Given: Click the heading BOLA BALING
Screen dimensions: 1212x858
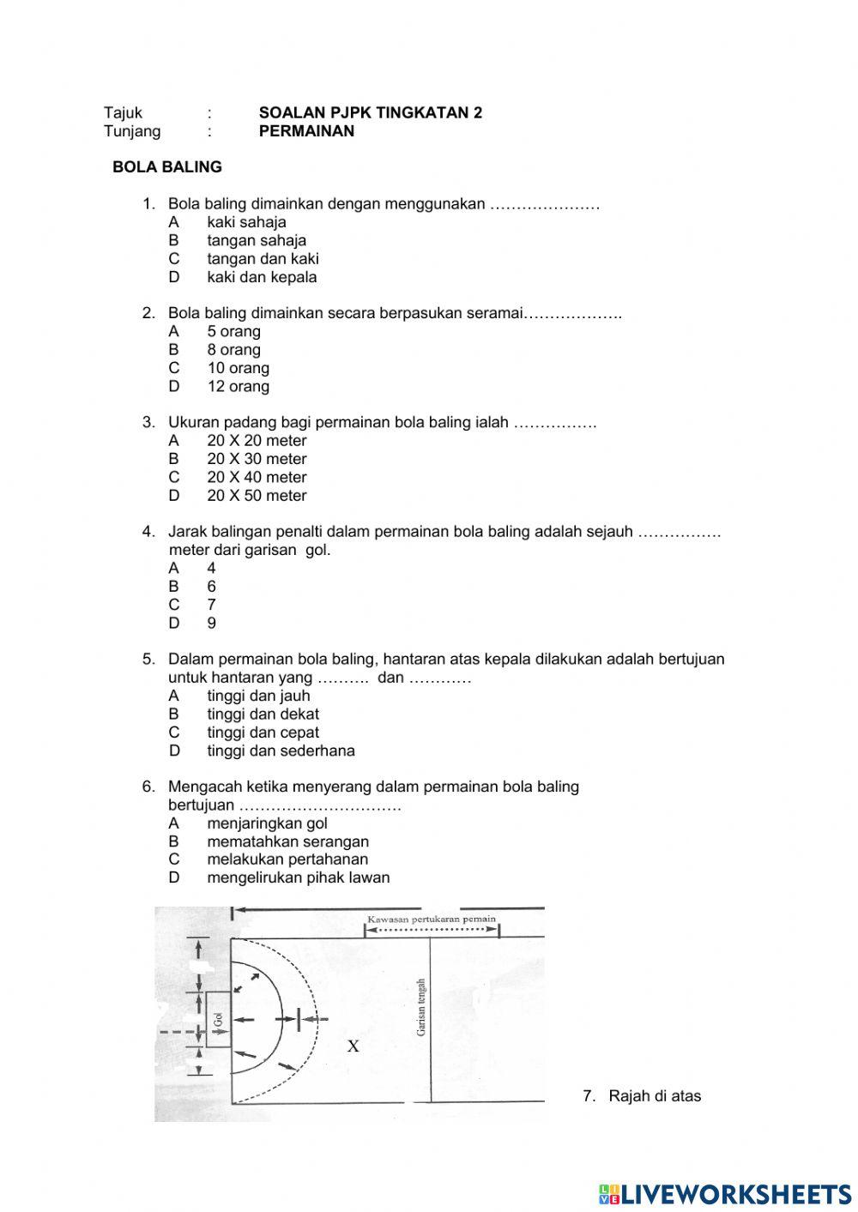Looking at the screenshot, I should [167, 167].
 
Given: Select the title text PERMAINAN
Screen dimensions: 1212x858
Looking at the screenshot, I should [306, 131].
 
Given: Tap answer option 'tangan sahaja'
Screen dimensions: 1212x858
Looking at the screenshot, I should [256, 240].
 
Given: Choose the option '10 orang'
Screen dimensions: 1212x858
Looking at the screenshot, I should [238, 368].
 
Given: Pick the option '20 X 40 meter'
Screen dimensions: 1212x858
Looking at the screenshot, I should [256, 477].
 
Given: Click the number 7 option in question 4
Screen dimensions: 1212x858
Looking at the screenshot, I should [211, 605].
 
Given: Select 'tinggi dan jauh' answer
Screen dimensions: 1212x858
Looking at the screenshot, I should [258, 696].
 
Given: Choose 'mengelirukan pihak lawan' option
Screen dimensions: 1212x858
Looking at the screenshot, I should [298, 877].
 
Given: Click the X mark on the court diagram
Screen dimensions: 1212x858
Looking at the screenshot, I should [353, 1046].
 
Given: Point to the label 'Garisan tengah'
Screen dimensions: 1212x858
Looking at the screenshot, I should [421, 1007].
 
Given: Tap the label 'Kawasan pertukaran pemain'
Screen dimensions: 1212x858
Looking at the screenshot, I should [432, 919].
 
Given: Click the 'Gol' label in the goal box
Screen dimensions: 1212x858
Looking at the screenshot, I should [218, 1019].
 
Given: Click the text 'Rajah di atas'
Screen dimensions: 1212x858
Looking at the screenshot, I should [654, 1095].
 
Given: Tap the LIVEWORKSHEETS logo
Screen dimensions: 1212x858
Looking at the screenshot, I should [725, 1193].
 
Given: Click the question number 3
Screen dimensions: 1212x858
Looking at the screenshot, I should [148, 422].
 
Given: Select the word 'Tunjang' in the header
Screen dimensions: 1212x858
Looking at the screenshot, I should [132, 131].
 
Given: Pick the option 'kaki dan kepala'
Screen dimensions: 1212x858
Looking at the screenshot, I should [262, 277].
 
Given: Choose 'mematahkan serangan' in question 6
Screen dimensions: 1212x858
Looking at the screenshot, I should [287, 841].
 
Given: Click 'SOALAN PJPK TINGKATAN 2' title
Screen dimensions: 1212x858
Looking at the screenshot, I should [370, 112].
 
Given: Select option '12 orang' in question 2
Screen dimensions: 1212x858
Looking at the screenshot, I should [238, 386].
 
